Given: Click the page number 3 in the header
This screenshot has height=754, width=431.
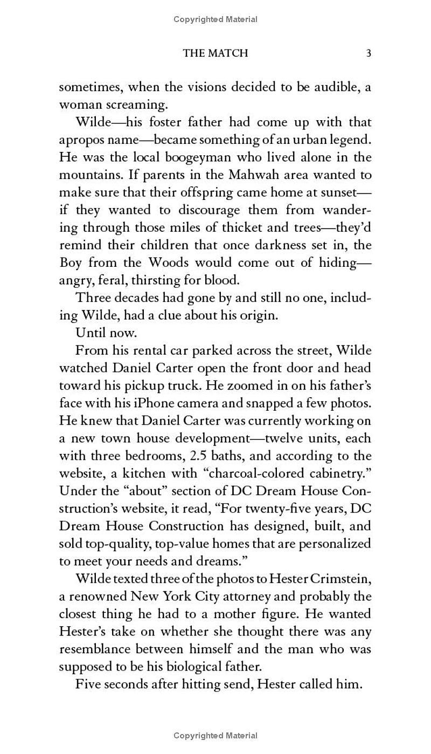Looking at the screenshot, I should tap(369, 53).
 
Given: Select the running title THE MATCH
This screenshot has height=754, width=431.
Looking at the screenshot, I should tap(215, 53).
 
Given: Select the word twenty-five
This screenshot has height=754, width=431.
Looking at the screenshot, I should tap(274, 508).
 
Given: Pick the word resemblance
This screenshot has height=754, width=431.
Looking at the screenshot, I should tap(94, 649).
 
